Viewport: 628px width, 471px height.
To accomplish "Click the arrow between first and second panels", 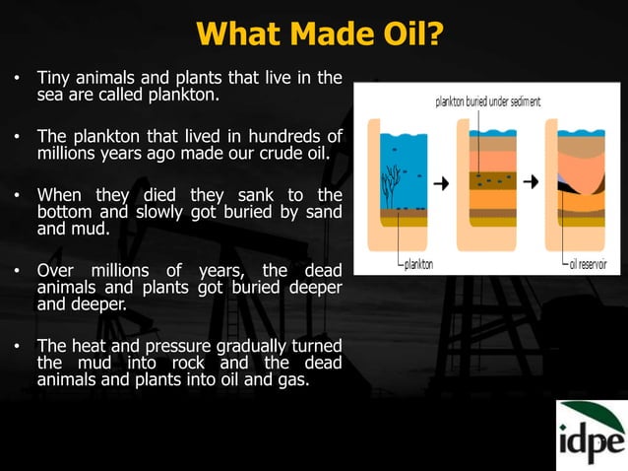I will coord(442,182).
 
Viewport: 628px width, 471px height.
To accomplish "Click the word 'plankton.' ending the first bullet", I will coord(188,97).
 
